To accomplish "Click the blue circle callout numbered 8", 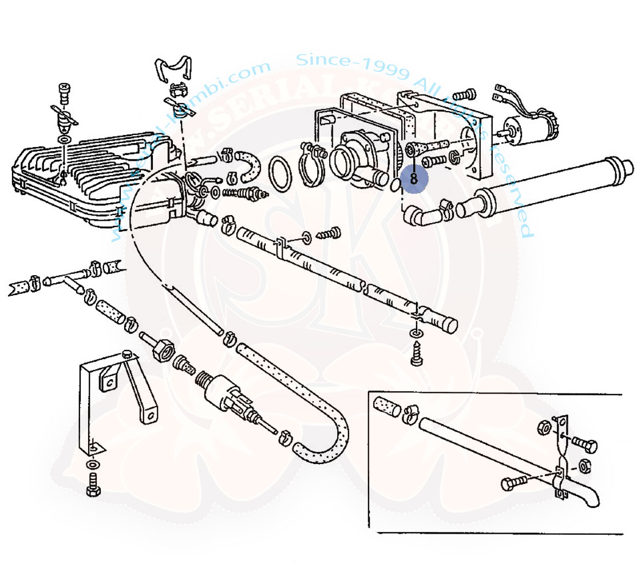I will click(x=414, y=178).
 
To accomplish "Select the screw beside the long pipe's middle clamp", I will click(x=331, y=233).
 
